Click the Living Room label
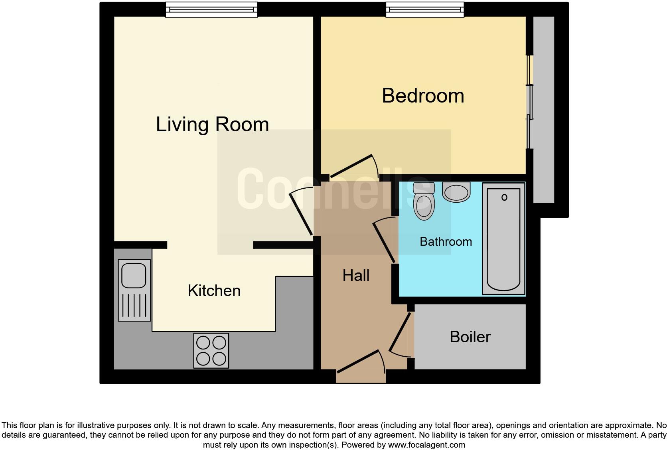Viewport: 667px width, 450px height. (x=212, y=124)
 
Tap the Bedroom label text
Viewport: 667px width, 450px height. (x=423, y=96)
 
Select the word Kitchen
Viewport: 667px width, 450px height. (x=214, y=291)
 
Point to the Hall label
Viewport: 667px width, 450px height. (x=356, y=276)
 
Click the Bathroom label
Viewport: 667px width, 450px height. (x=446, y=242)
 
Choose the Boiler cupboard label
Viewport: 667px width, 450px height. (x=470, y=337)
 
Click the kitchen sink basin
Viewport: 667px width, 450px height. (x=134, y=275)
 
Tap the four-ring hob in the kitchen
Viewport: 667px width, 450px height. (x=211, y=350)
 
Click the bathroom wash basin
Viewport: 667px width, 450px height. (x=456, y=192)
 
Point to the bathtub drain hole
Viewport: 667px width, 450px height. (x=504, y=197)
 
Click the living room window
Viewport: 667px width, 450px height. (x=211, y=10)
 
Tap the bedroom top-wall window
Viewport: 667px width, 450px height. (x=425, y=10)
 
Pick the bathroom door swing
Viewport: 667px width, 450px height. (x=384, y=242)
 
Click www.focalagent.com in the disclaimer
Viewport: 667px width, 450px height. (x=426, y=444)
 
